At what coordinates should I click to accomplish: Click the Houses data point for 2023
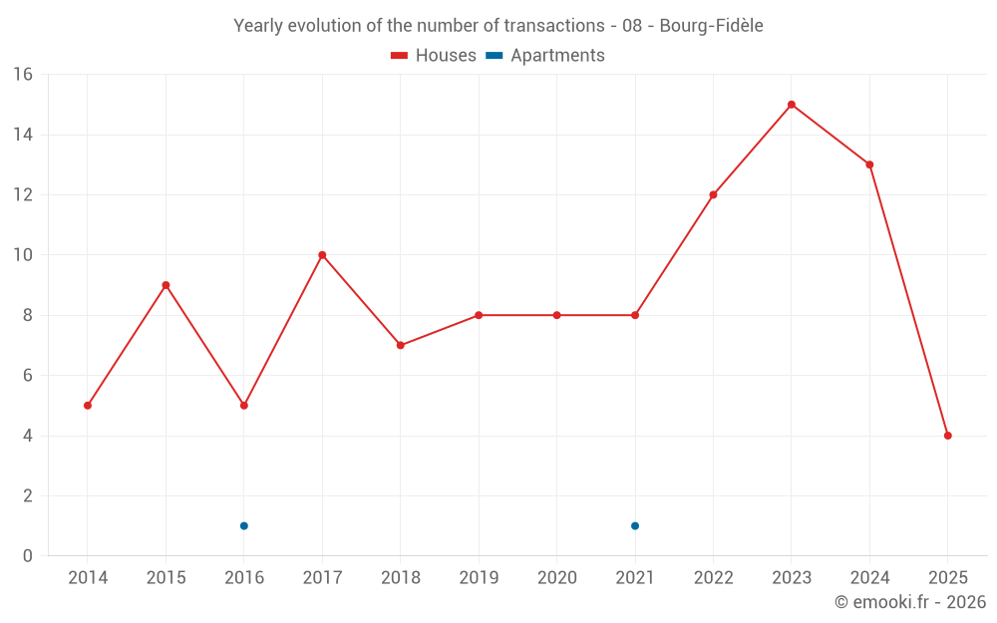[792, 105]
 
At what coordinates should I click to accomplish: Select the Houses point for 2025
[948, 436]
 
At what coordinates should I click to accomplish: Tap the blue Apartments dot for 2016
[244, 526]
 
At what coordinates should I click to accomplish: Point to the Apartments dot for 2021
[635, 526]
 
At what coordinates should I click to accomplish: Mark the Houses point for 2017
[322, 255]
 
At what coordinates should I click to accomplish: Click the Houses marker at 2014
[88, 406]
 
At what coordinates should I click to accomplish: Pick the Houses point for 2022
[713, 195]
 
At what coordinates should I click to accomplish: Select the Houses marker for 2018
[401, 346]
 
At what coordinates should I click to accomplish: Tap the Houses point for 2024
[869, 164]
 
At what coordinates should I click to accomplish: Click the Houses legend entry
[434, 56]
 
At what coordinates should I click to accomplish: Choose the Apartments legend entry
[545, 56]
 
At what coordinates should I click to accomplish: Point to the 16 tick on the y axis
[23, 75]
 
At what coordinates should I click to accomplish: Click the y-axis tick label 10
[23, 255]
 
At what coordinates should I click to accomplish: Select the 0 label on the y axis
[28, 556]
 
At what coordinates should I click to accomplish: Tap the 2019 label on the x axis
[479, 578]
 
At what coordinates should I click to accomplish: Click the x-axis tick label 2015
[166, 578]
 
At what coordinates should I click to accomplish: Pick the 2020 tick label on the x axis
[556, 578]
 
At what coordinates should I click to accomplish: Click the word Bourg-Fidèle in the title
[712, 26]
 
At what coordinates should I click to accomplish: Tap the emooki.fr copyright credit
[909, 602]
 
